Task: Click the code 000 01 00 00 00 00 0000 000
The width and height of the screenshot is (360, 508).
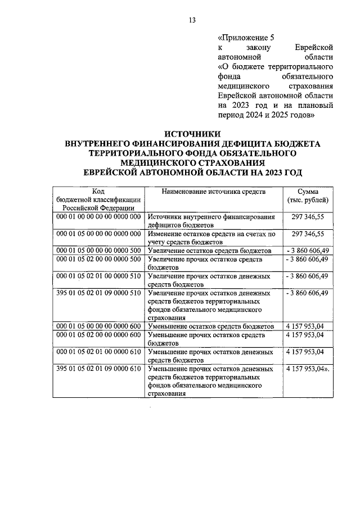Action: [x=98, y=217]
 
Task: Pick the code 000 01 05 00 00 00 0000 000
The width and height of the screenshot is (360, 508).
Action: [x=98, y=233]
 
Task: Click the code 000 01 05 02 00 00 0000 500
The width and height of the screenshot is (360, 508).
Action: [x=98, y=259]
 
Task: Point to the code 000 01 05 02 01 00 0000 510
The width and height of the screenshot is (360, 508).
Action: [x=98, y=276]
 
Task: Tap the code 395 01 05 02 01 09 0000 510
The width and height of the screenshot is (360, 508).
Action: [x=98, y=293]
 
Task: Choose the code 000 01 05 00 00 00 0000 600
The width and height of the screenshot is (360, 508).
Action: [x=98, y=326]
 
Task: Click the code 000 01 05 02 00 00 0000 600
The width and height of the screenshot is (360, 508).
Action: [x=98, y=335]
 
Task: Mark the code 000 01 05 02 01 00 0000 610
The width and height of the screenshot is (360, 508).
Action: [x=98, y=352]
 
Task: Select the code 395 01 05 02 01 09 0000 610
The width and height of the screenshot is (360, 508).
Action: [x=98, y=369]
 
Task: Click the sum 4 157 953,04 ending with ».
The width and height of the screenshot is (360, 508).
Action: [x=308, y=369]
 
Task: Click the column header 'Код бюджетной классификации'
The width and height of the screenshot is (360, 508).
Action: [x=98, y=200]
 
